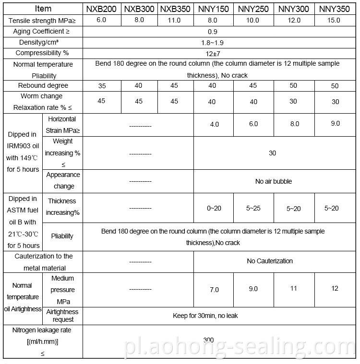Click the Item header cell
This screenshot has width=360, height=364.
[x=43, y=9]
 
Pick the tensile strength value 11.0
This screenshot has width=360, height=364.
[x=175, y=20]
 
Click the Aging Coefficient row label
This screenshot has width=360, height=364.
[x=43, y=32]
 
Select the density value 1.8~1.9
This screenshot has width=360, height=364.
[x=215, y=43]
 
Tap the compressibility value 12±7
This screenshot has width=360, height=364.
[x=215, y=53]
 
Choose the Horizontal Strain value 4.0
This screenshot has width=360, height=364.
[x=214, y=124]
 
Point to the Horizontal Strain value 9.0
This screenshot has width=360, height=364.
[x=335, y=124]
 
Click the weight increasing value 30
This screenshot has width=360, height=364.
[x=272, y=153]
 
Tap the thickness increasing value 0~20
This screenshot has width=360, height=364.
[x=214, y=209]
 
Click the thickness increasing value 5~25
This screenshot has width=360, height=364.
[x=253, y=209]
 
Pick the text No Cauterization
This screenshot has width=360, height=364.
[x=270, y=261]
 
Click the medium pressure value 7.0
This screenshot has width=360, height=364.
[x=214, y=290]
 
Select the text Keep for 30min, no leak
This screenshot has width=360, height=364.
[x=205, y=316]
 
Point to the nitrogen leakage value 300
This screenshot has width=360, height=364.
[x=208, y=340]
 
